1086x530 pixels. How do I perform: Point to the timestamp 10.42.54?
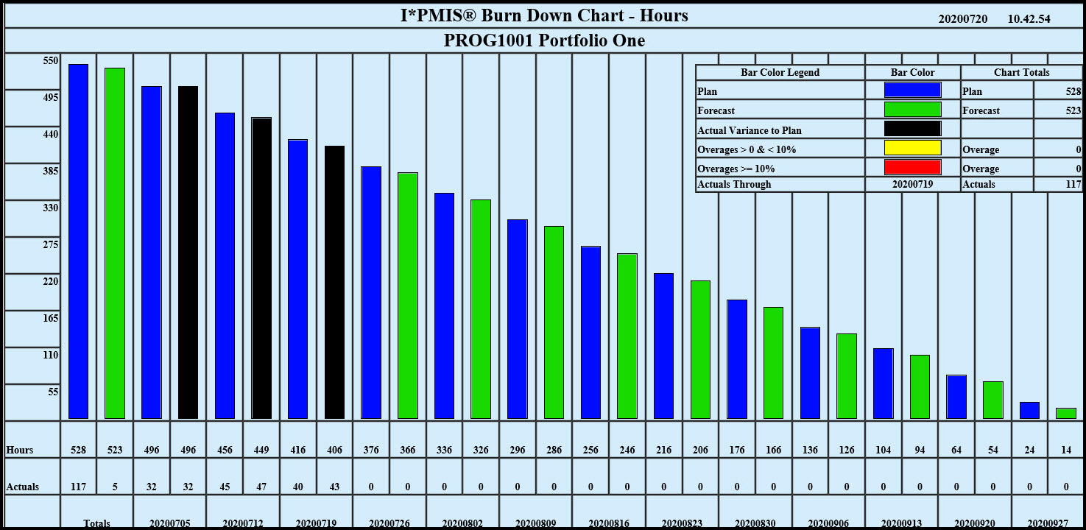tap(1029, 19)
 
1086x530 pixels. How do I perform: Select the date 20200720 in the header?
tap(963, 19)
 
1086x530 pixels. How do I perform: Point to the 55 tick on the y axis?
tap(53, 392)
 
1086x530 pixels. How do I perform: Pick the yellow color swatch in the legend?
tap(912, 148)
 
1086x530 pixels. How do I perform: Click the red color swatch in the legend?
tap(912, 167)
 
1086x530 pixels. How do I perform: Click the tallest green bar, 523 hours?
tap(115, 243)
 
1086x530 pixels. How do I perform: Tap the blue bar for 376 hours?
tap(371, 292)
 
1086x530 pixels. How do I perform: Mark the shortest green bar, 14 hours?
tap(1065, 413)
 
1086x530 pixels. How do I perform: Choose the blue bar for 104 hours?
tap(883, 383)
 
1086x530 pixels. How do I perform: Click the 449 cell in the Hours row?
tap(261, 450)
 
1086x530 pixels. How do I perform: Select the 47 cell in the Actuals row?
tap(261, 487)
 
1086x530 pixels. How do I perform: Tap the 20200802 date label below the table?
tap(462, 523)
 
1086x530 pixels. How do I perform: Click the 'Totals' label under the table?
tap(96, 523)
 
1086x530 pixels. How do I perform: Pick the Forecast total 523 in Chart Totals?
tap(1073, 110)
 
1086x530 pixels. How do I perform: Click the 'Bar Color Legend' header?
tap(780, 72)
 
